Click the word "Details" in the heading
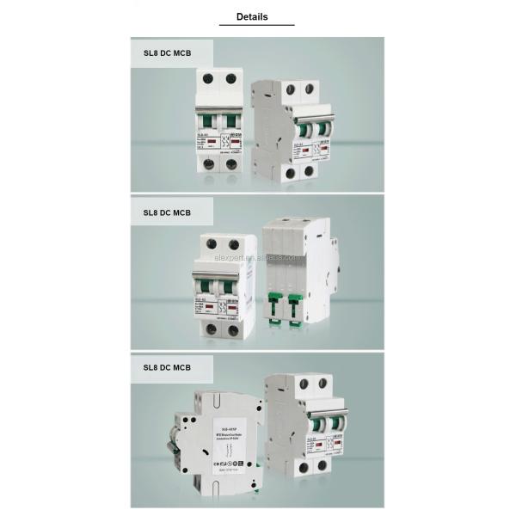(252, 16)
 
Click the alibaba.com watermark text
(259, 257)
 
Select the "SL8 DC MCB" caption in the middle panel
(167, 211)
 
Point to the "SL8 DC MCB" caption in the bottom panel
(167, 367)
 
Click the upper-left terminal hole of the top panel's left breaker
(207, 79)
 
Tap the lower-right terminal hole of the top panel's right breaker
(308, 170)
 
